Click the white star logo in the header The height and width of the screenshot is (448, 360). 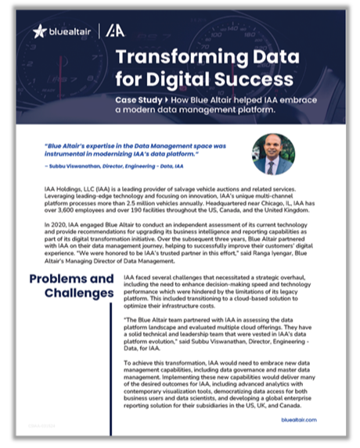pos(40,31)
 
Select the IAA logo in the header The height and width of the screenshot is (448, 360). pos(115,31)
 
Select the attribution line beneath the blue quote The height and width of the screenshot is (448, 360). pos(114,167)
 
